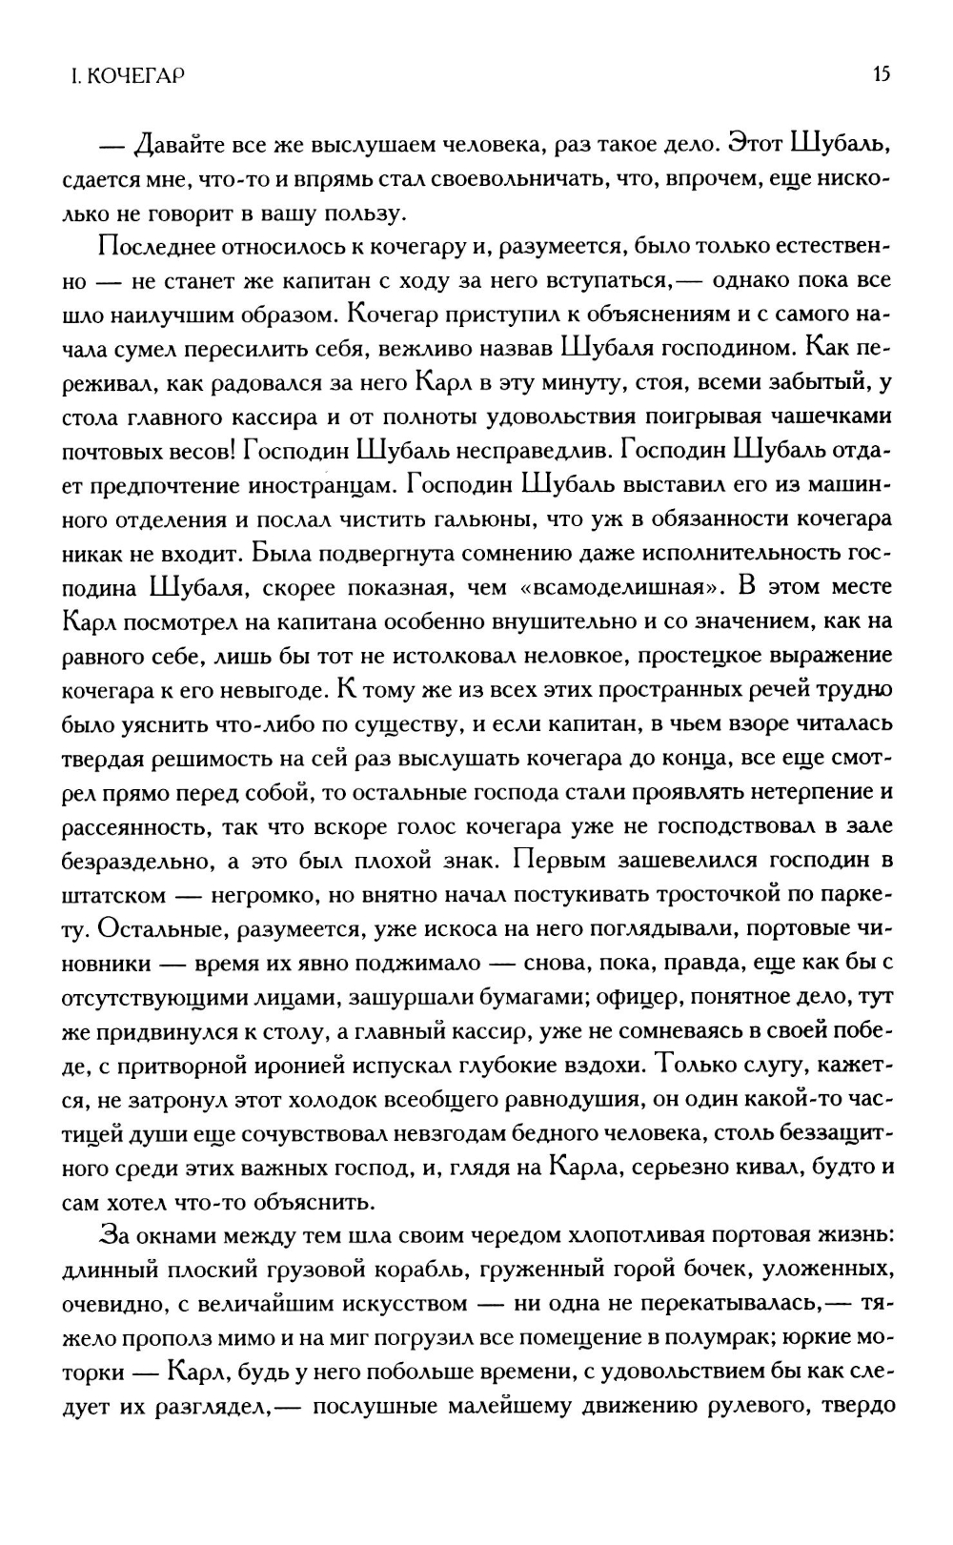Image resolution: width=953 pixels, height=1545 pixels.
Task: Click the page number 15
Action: tap(881, 74)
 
